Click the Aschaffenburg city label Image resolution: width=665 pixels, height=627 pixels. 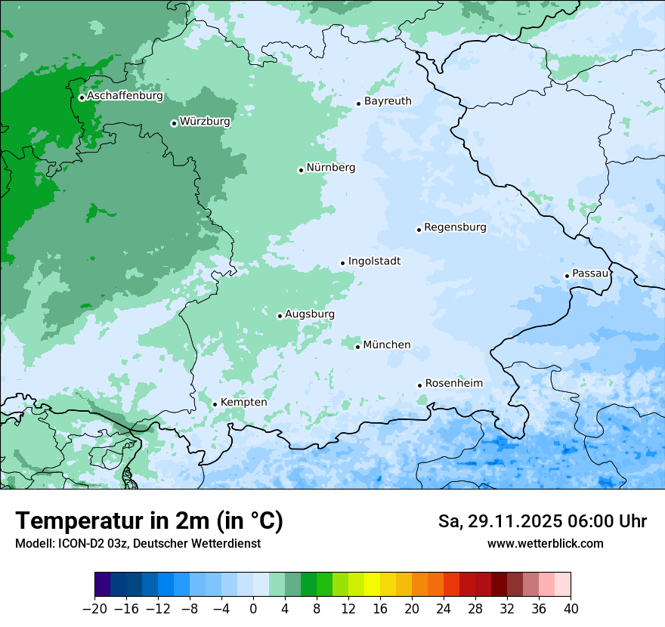125,96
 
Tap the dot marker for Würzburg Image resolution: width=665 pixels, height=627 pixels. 174,123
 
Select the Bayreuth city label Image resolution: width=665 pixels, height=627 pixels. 388,100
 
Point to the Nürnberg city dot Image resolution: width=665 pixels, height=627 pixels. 301,170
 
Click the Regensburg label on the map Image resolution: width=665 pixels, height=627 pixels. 455,227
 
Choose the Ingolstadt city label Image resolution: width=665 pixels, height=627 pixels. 374,261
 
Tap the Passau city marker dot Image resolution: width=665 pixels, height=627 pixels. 567,276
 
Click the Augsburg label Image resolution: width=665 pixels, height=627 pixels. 310,314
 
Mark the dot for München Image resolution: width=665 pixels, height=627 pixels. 357,347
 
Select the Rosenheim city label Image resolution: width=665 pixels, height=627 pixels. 453,383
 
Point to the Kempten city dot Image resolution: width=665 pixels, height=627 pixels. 215,404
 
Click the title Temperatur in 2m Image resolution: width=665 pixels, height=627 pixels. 149,520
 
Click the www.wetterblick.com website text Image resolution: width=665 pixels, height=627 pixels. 545,543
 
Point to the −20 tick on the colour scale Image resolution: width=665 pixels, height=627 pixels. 94,609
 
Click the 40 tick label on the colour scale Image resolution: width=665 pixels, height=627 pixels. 571,609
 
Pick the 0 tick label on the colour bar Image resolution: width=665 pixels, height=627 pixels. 253,609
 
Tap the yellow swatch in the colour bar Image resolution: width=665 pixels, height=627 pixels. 372,585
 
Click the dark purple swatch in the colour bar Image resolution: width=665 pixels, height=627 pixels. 103,585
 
